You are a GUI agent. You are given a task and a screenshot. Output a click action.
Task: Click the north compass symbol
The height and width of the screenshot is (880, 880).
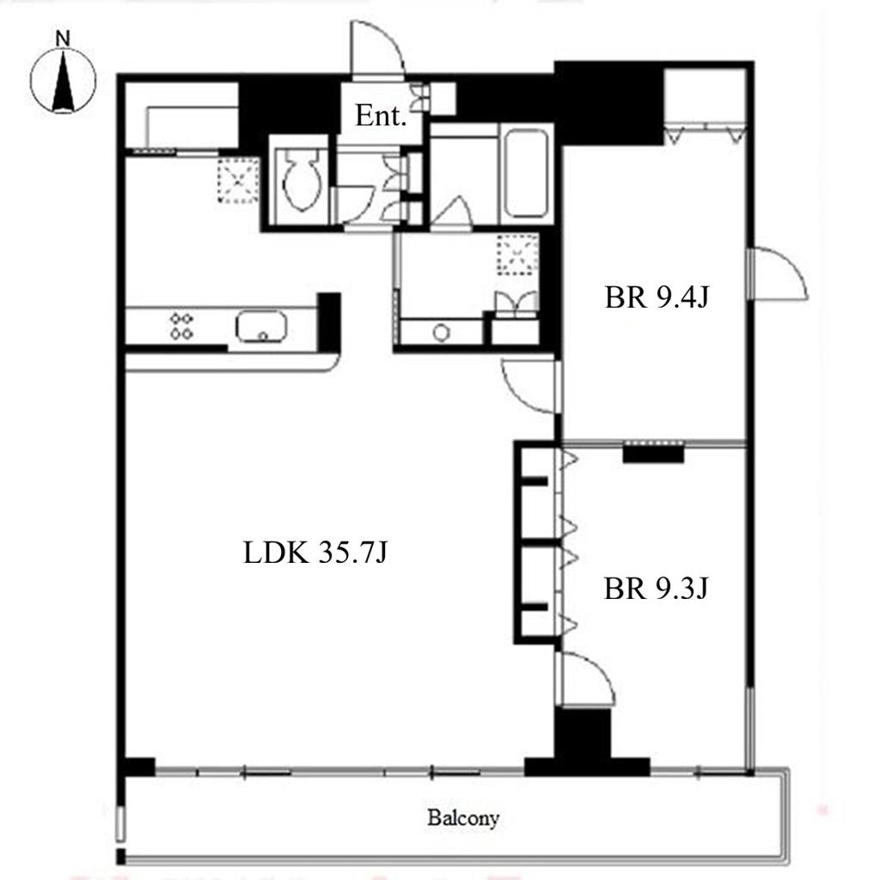(63, 80)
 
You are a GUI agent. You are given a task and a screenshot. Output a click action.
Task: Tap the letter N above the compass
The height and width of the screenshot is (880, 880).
(63, 39)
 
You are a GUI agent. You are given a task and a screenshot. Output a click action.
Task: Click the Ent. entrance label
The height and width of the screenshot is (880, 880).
(381, 116)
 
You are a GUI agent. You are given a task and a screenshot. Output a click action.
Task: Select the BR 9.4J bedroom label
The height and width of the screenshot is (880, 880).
(657, 296)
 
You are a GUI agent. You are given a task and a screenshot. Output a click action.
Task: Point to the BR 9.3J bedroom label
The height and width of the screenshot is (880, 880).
(656, 589)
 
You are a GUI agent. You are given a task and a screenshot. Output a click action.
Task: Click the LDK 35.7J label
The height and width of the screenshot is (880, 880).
(315, 553)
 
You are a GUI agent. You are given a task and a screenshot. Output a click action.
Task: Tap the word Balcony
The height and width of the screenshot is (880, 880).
(463, 818)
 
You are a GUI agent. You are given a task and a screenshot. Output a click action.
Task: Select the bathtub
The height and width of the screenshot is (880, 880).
(526, 174)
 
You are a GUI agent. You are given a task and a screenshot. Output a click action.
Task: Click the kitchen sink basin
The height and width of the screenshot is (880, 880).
(261, 326)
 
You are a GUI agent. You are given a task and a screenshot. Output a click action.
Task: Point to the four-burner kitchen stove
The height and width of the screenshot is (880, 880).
(182, 326)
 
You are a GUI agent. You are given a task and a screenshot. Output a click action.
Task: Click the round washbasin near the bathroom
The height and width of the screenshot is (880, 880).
(442, 333)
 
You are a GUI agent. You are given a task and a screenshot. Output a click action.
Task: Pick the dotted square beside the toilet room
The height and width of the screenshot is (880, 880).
(239, 180)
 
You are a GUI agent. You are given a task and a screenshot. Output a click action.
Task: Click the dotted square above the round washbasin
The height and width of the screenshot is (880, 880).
(517, 254)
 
